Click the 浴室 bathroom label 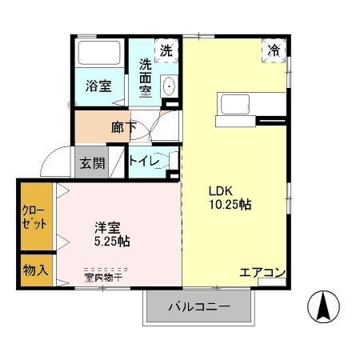point(100,84)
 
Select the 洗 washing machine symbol point(166,50)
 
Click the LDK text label point(221,191)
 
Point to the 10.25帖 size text point(230,205)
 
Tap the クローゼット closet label point(34,218)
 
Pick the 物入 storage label point(34,270)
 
